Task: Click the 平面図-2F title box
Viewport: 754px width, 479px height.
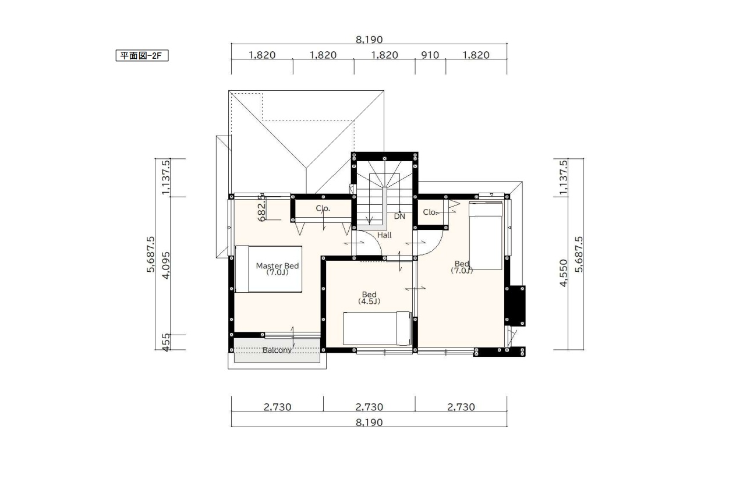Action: [x=142, y=55]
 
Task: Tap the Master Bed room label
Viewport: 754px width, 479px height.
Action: [x=277, y=269]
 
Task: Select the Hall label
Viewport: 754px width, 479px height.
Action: [x=384, y=235]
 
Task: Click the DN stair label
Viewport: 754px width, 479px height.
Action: [x=399, y=217]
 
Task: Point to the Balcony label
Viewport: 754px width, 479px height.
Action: [x=277, y=350]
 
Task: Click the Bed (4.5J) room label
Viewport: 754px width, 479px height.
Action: [x=369, y=297]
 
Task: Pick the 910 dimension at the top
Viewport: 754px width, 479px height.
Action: [x=430, y=55]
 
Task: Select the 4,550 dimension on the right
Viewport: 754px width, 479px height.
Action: [x=564, y=273]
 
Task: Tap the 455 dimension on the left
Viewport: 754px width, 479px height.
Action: [x=167, y=342]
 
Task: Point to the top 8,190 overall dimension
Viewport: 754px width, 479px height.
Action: [x=369, y=40]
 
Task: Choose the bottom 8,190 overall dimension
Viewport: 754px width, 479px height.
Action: [x=369, y=423]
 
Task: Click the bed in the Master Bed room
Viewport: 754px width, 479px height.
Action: [x=268, y=269]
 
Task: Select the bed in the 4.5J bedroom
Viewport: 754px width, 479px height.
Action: [x=377, y=328]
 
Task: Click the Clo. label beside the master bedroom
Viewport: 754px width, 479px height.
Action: [x=323, y=208]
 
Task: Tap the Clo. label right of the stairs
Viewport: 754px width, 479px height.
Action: [x=430, y=212]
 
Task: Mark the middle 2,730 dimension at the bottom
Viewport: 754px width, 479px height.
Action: [x=369, y=407]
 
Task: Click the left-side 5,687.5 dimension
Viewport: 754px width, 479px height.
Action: [x=150, y=254]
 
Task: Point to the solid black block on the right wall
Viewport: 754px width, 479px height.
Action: [x=515, y=306]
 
